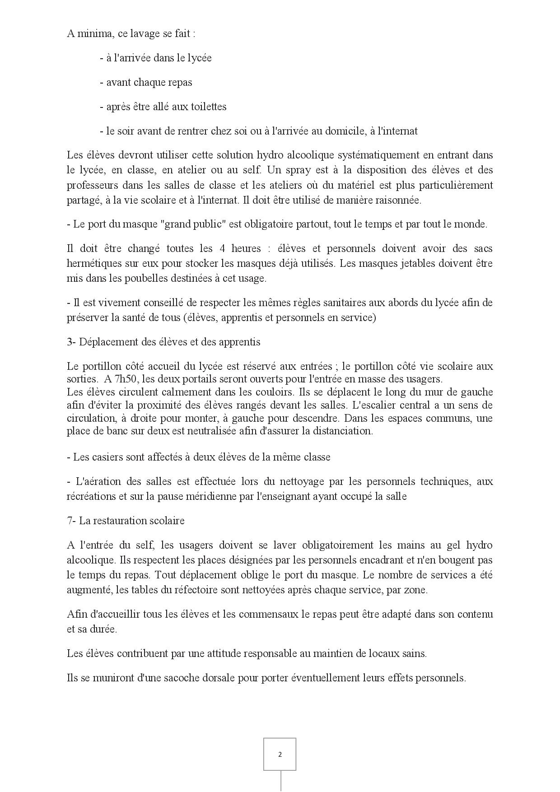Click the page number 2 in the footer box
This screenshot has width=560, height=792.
tap(280, 754)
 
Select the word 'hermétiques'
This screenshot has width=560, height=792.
tap(94, 263)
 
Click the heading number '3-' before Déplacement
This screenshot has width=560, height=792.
tap(71, 342)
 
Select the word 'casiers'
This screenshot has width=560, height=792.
tap(103, 457)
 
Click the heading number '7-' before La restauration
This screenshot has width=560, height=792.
tap(71, 521)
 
